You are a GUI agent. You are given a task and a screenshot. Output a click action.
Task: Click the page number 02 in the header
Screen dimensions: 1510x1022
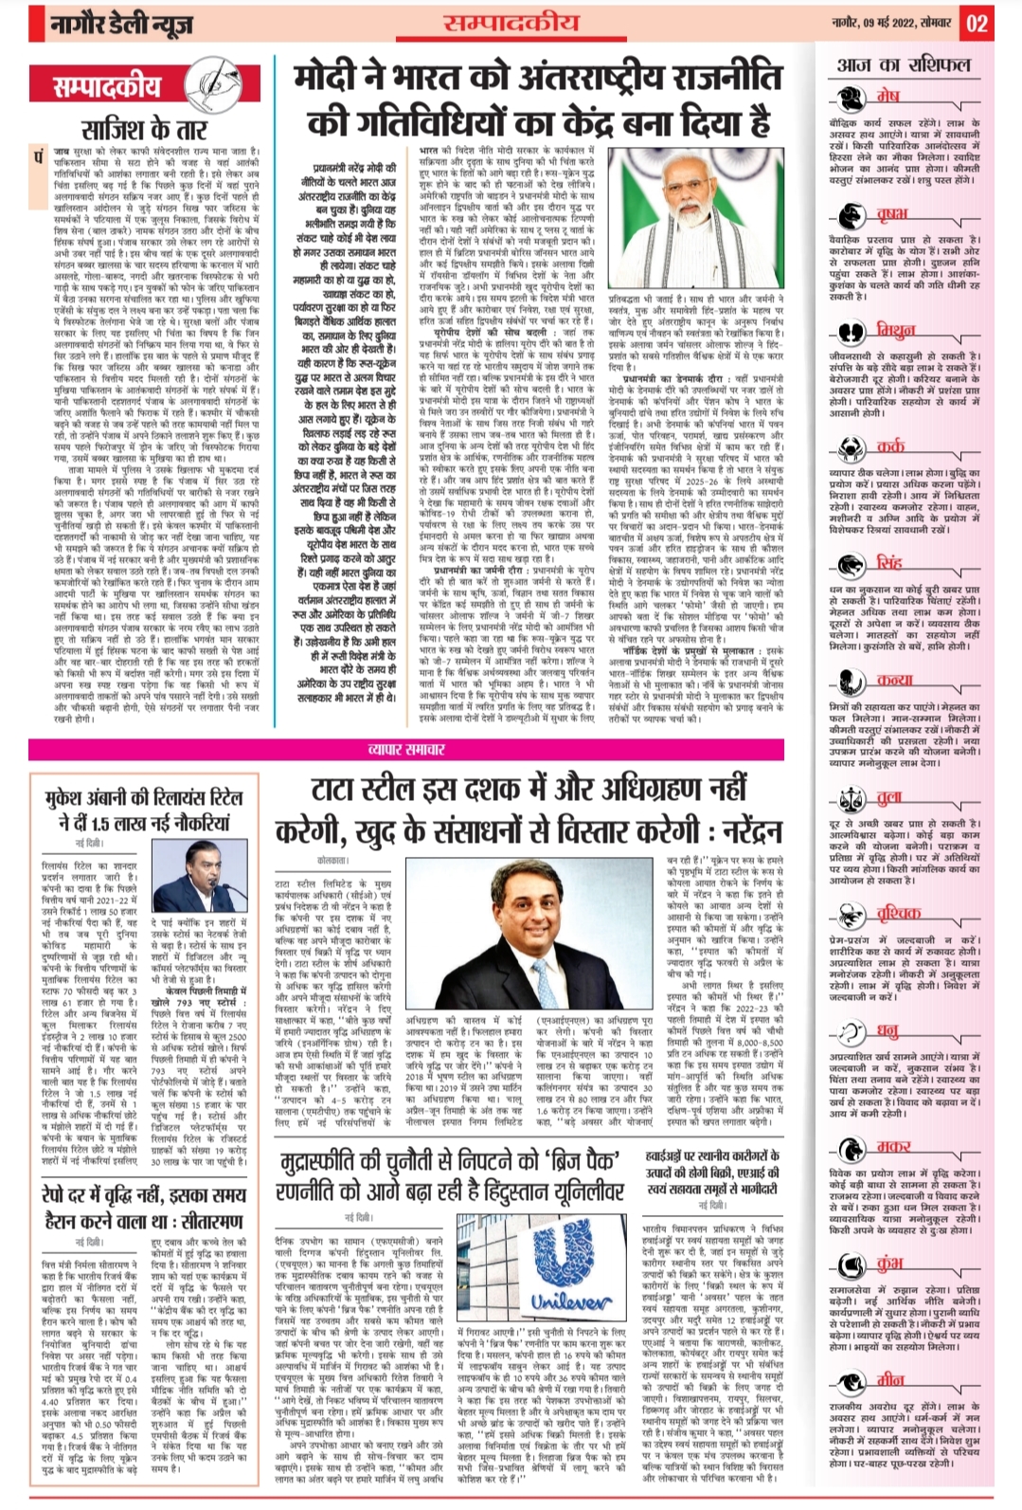[x=977, y=24]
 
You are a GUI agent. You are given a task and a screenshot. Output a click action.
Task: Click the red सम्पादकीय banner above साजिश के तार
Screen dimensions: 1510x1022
[x=108, y=87]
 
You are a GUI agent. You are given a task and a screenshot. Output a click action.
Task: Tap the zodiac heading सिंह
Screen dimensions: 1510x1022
[x=888, y=563]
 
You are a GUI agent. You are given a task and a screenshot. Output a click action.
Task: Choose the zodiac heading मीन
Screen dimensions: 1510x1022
[x=890, y=1380]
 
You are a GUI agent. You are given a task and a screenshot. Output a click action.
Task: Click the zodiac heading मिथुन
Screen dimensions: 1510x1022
[x=894, y=331]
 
